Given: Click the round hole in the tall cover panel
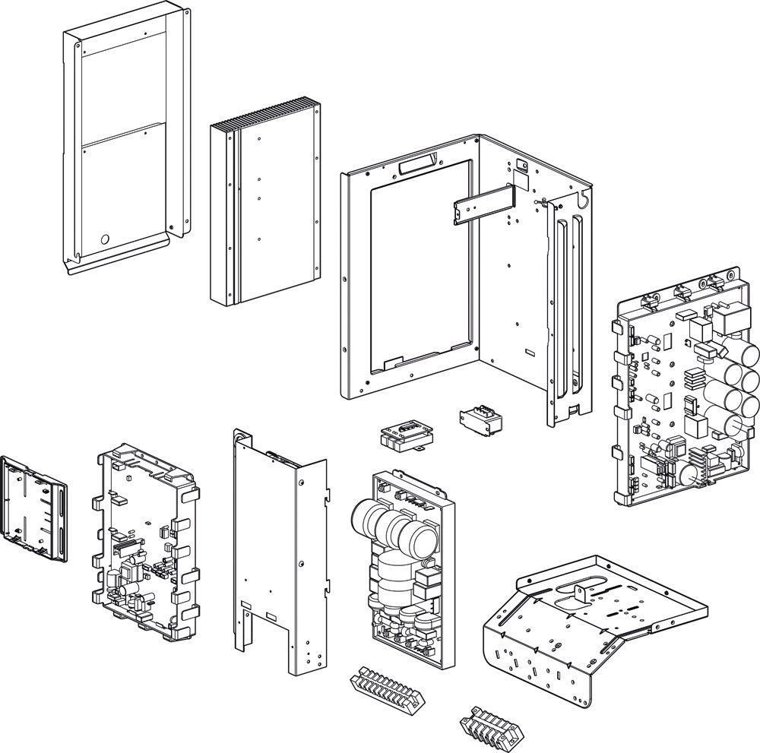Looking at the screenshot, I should tap(105, 239).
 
